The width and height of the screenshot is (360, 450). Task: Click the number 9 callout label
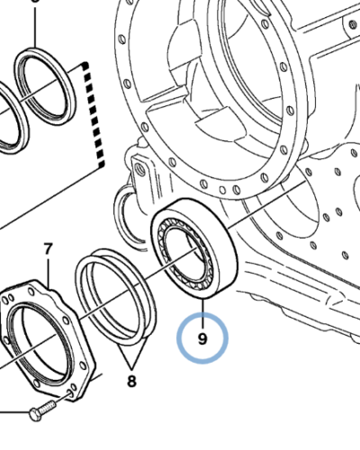click(x=202, y=339)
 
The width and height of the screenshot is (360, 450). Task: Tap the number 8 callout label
click(x=132, y=381)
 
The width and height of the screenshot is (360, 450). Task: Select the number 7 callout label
click(x=48, y=248)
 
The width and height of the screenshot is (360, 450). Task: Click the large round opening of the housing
click(x=225, y=54)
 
